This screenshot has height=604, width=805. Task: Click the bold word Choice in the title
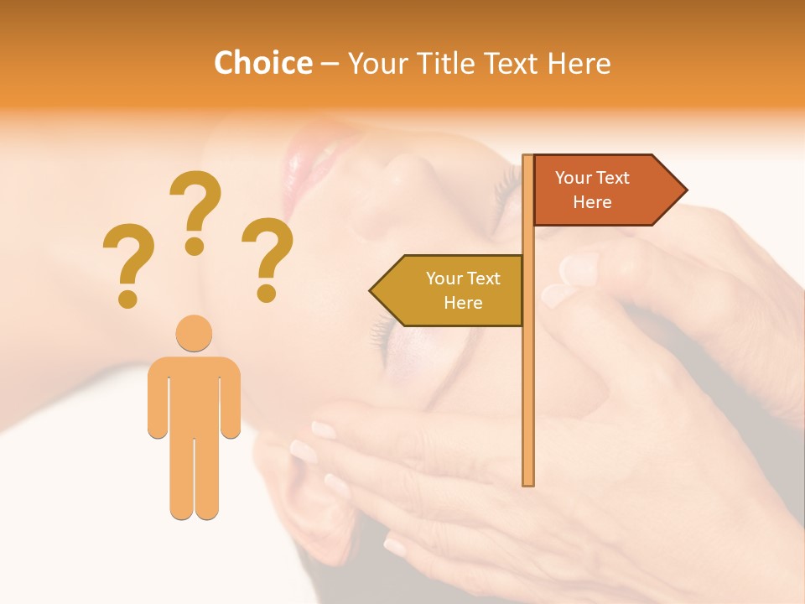[x=262, y=63]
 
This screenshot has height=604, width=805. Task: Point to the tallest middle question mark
[x=195, y=210]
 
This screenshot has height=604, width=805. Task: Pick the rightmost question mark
[x=267, y=256]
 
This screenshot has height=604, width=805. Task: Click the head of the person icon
[x=194, y=333]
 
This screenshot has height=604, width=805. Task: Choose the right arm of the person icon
[x=231, y=398]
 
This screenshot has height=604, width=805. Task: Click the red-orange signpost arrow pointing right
[x=604, y=190]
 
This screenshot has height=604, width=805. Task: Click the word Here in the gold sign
[x=463, y=303]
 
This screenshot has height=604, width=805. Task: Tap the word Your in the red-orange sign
[x=574, y=178]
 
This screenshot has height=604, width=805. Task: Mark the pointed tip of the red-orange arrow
[x=685, y=190]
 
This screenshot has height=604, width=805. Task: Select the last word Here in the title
[x=579, y=63]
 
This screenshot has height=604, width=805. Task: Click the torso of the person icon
[x=194, y=394]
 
